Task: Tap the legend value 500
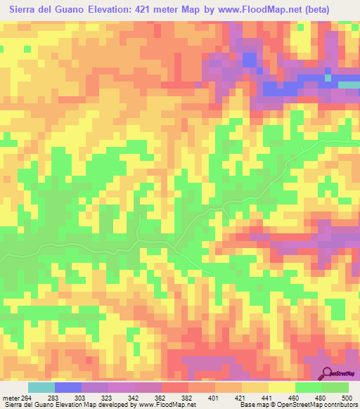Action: (x=335, y=397)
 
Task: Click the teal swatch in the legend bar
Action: (x=41, y=387)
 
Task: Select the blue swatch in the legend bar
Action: (x=68, y=387)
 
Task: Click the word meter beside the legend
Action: (x=10, y=397)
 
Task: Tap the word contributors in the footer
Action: (x=338, y=405)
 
